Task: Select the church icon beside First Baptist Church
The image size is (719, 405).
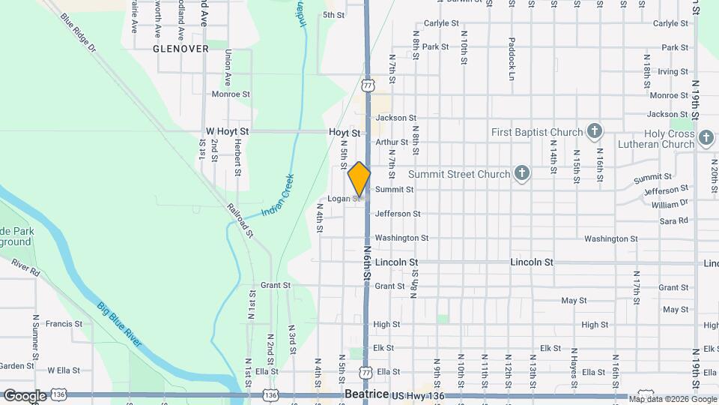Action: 594,132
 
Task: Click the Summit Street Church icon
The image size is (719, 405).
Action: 522,174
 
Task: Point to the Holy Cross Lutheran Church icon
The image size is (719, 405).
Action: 706,138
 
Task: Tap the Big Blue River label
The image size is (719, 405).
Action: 120,323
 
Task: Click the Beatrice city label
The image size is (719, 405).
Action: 366,394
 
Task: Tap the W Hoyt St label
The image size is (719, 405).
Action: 227,131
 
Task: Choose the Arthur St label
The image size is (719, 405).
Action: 392,142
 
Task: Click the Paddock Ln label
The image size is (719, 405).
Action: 512,58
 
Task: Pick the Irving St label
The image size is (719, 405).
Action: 673,72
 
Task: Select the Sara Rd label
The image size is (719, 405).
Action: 673,221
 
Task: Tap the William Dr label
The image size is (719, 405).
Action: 669,205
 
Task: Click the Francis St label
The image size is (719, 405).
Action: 64,324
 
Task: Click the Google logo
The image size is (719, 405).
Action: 24,395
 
